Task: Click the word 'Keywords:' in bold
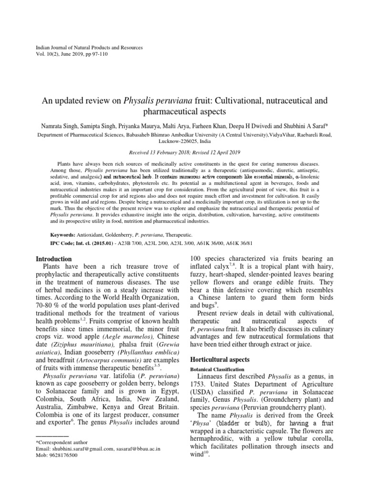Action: click(63, 235)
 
